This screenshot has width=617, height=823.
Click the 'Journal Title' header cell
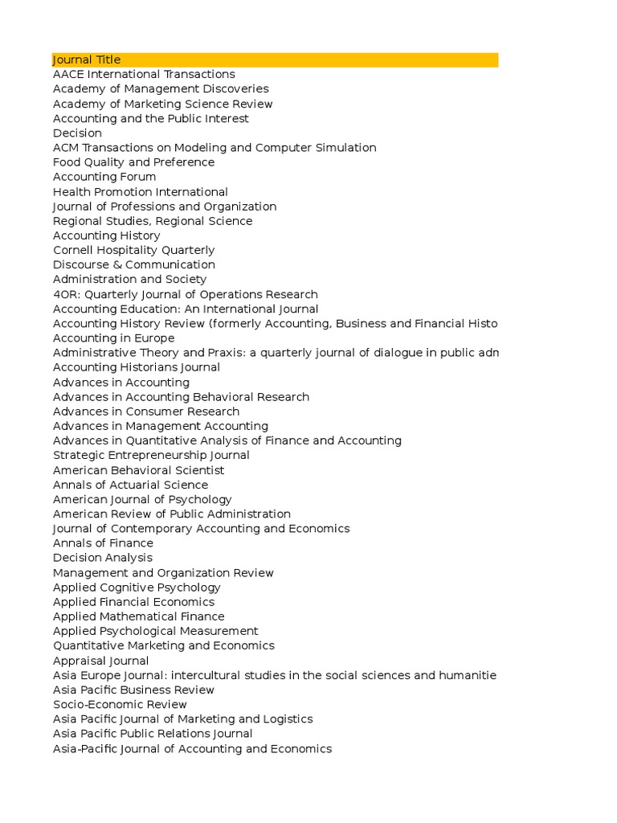[x=87, y=59]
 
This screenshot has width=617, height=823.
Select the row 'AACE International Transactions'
[x=144, y=74]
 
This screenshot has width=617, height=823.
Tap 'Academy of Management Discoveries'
[x=161, y=88]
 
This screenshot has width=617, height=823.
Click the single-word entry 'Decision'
[x=77, y=133]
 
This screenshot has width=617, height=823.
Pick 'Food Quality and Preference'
[x=133, y=162]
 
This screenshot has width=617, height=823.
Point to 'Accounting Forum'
[x=104, y=177]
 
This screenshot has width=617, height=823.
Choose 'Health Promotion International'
[x=141, y=192]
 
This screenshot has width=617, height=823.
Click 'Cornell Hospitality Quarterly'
[x=134, y=250]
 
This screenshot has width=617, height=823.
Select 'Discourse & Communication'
[x=134, y=264]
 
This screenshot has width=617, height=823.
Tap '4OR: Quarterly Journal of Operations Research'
[x=186, y=294]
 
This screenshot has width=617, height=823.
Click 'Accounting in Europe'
[x=113, y=338]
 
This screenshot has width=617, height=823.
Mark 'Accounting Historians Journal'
[x=137, y=367]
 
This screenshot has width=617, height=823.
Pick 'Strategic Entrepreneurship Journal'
[x=151, y=455]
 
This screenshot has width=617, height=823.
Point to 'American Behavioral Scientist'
[x=138, y=470]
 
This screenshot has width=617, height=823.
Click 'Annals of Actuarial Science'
[x=130, y=485]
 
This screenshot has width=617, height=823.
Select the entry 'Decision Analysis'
[x=102, y=558]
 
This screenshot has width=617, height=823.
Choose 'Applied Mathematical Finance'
[x=138, y=616]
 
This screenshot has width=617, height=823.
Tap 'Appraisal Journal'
[x=100, y=661]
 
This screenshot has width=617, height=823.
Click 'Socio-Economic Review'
[x=120, y=704]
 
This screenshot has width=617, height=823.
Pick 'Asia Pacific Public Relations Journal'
[x=153, y=734]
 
